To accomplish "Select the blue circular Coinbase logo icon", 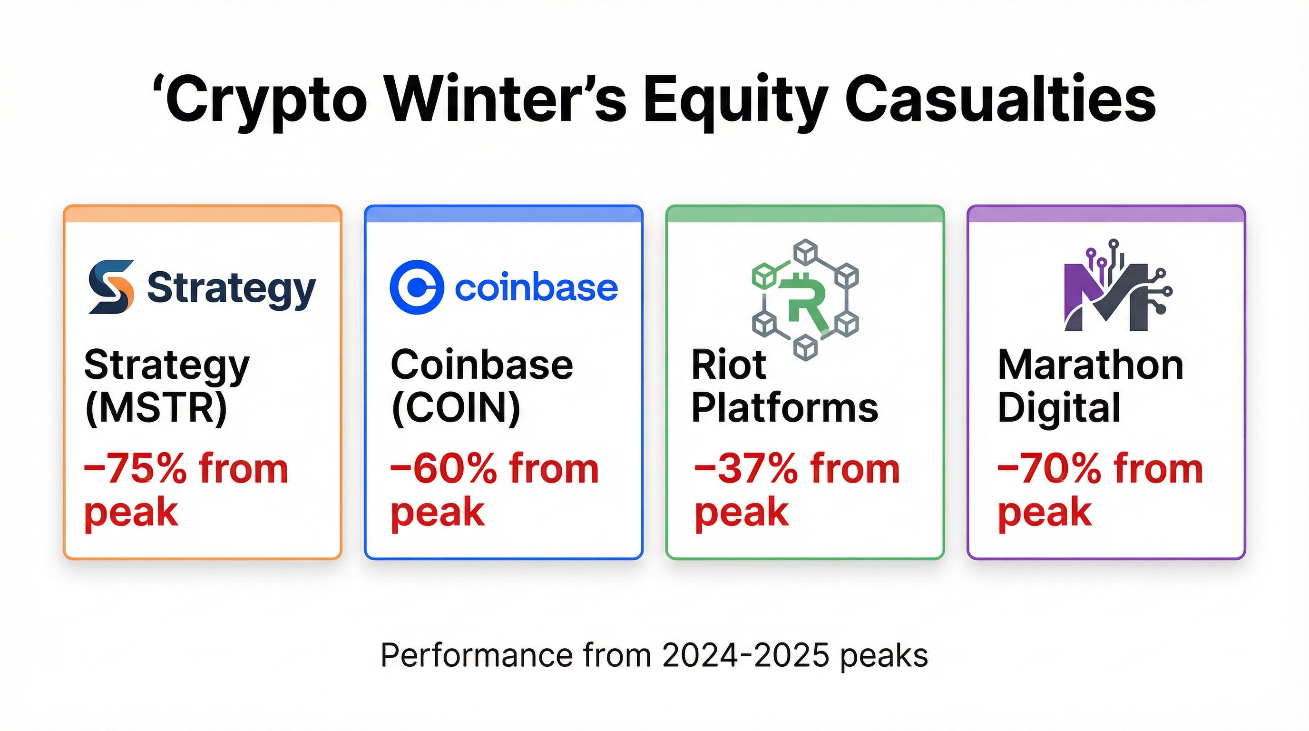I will click(x=417, y=287).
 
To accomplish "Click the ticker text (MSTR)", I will click(x=156, y=408).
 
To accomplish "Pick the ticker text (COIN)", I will click(x=456, y=408).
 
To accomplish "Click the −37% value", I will click(x=745, y=469).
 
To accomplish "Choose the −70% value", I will click(x=1049, y=469).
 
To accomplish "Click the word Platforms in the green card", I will click(x=784, y=408).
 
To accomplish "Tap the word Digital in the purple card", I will click(x=1058, y=408).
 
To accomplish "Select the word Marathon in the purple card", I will click(x=1091, y=365).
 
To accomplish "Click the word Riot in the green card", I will click(x=728, y=365).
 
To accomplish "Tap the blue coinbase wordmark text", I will click(x=536, y=288).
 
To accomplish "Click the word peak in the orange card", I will click(x=131, y=513).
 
